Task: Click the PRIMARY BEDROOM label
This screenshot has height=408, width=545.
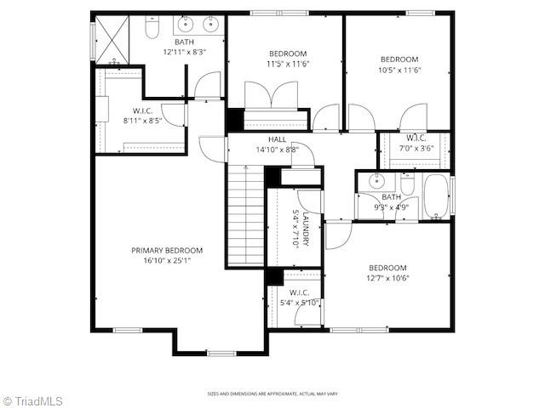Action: point(167,250)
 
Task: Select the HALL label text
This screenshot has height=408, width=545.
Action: point(278,139)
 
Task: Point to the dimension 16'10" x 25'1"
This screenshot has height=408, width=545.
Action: point(167,260)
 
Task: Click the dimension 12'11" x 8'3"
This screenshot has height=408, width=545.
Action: point(185,52)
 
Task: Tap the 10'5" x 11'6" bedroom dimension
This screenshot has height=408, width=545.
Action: point(399,70)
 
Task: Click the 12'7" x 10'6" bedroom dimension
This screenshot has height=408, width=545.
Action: point(388,278)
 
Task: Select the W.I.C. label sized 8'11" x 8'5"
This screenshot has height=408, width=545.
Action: point(142,121)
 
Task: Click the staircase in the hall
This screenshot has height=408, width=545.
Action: point(246,214)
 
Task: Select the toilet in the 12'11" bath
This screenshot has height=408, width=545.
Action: point(152,30)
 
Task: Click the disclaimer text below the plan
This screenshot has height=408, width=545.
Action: point(273,394)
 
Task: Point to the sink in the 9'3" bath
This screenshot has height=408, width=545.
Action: point(375,181)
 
